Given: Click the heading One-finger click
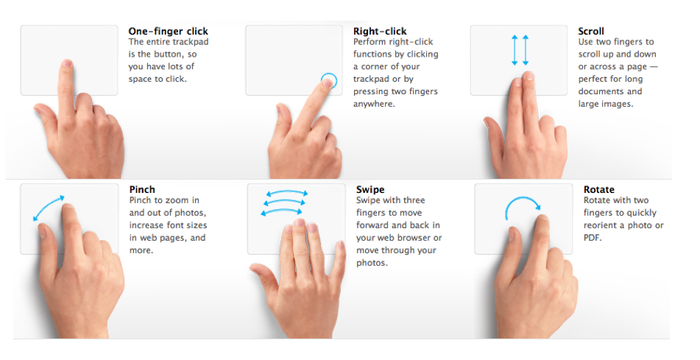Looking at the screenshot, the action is (x=169, y=31).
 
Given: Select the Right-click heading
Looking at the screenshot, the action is (x=380, y=31).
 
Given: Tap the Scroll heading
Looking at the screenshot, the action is (x=591, y=31).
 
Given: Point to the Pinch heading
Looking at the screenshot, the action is (x=142, y=189).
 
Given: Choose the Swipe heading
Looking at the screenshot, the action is (x=370, y=189).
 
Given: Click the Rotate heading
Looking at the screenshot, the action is (x=599, y=189).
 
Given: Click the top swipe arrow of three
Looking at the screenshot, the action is (x=287, y=193).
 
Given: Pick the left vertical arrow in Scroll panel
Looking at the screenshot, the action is (x=515, y=50).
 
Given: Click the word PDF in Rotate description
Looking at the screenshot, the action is (x=593, y=238).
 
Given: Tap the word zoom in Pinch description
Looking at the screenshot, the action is (x=177, y=200).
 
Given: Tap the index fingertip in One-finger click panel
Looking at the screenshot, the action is (x=67, y=63).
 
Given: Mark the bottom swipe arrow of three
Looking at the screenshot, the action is (x=282, y=212).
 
